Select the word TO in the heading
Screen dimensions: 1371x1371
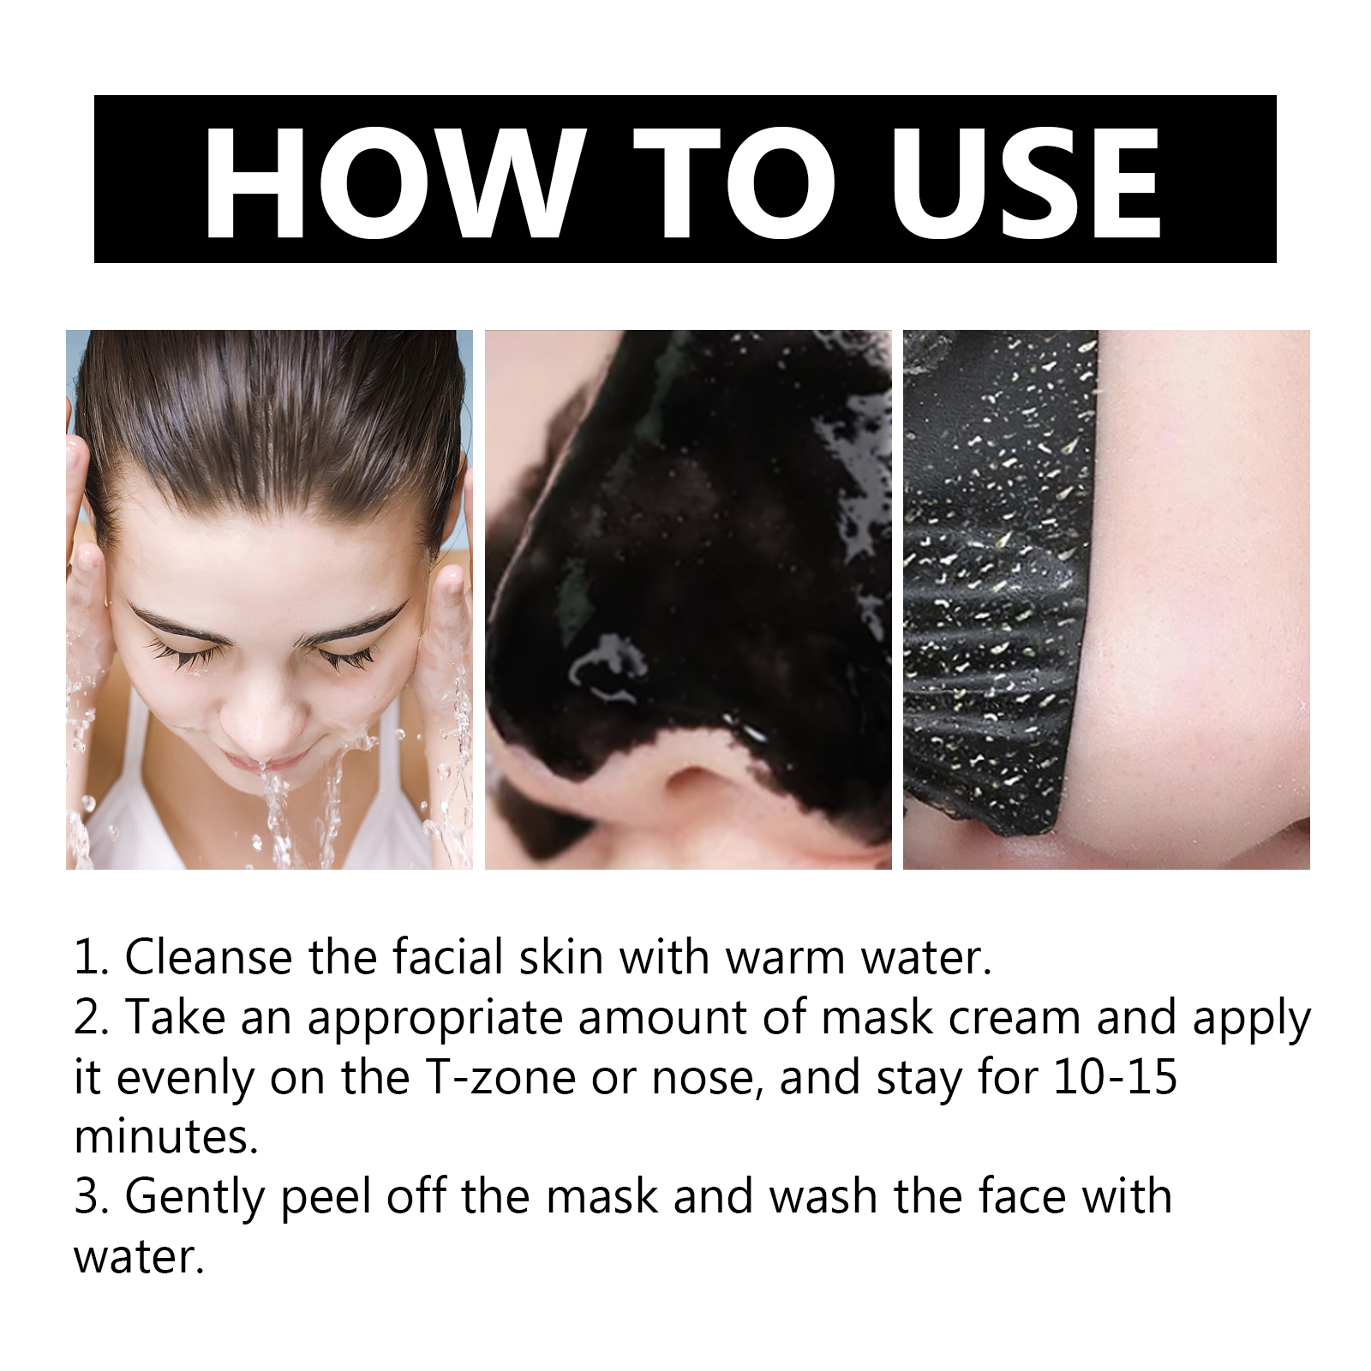(734, 183)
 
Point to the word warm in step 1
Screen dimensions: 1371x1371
(784, 958)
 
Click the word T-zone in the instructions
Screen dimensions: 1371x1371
(500, 1077)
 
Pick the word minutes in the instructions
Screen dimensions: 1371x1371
(166, 1137)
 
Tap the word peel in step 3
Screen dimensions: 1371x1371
(326, 1198)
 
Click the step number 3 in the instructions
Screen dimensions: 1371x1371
(88, 1197)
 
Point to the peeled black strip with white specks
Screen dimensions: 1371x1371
(994, 583)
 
